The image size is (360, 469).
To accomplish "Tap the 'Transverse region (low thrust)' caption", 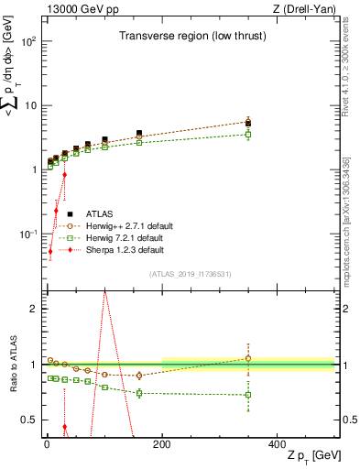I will point(187,37).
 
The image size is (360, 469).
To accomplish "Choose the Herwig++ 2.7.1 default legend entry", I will point(130,226).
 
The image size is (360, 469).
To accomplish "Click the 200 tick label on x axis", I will point(162,443).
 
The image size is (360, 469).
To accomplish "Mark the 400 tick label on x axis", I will point(278,443).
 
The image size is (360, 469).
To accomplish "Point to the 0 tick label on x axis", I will point(47,443).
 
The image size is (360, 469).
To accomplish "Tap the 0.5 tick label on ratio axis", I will point(29,420).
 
